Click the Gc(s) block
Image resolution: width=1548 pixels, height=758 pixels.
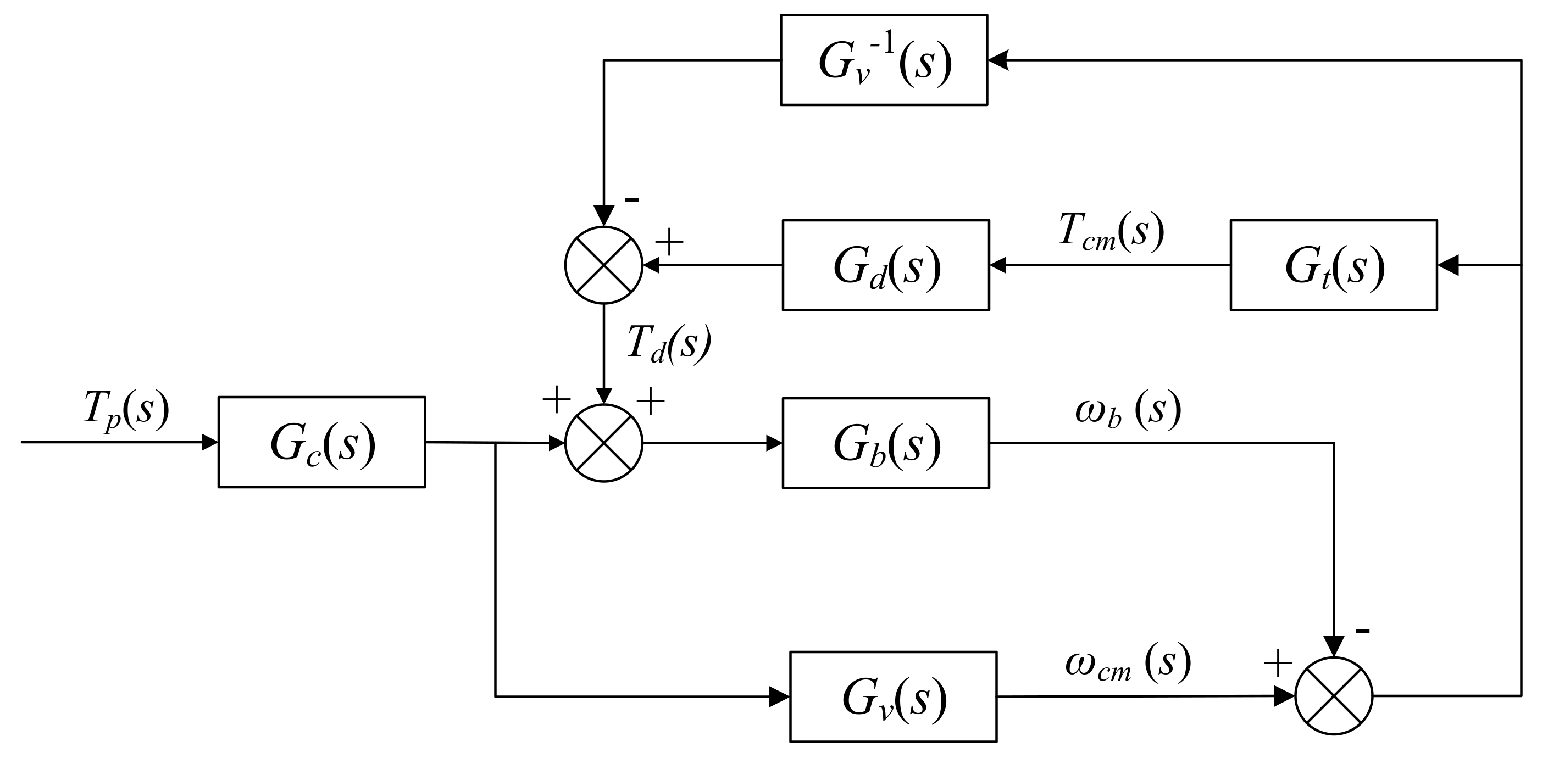pos(321,442)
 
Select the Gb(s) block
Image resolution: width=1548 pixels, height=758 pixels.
pos(885,443)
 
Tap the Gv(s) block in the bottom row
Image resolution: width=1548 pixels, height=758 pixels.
pos(893,696)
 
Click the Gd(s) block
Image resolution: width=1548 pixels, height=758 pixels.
pos(885,265)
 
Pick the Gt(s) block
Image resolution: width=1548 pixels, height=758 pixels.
pos(1334,265)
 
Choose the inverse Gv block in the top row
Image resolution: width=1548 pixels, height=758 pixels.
pos(884,60)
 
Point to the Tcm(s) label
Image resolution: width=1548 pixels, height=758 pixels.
pos(1111,231)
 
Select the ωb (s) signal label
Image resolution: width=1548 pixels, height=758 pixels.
pos(1128,411)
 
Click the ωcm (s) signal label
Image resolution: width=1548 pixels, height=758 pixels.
pos(1128,664)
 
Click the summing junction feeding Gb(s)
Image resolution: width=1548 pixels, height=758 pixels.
pos(604,443)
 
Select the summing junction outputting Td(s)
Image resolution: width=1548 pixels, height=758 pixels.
pos(604,265)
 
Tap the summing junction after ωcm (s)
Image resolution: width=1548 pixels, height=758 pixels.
pos(1334,695)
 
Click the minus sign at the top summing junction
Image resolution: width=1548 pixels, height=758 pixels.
pos(631,199)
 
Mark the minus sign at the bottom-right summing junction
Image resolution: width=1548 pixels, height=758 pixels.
pos(1362,631)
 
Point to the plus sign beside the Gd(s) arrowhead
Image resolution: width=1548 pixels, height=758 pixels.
pos(669,242)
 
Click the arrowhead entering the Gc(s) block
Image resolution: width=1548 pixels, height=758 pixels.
pos(210,442)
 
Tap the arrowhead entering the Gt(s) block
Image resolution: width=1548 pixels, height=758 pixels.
pos(1447,265)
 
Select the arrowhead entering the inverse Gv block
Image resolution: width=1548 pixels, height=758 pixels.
pos(997,60)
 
